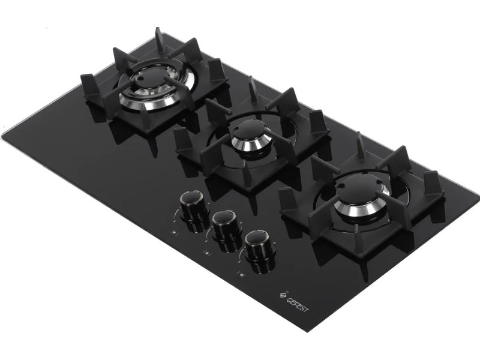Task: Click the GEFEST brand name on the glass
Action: click(298, 304)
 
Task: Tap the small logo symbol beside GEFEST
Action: click(283, 294)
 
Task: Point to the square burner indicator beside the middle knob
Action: click(208, 253)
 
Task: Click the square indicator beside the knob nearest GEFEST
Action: click(242, 274)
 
